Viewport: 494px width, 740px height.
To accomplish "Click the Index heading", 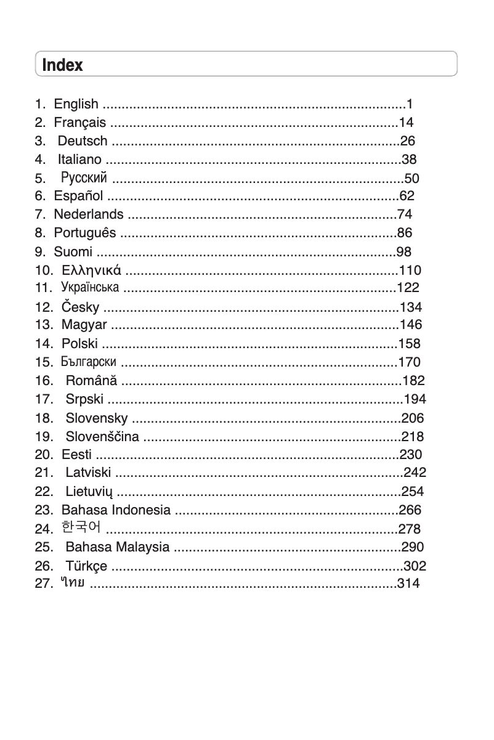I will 62,65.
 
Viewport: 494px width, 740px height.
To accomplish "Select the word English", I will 76,104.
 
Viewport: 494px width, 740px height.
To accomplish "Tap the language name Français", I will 79,123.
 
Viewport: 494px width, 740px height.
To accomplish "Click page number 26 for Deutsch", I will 408,141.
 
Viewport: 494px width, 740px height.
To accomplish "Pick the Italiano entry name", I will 79,160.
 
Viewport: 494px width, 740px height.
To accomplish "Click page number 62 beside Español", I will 407,197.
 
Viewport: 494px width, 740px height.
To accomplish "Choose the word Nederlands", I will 89,215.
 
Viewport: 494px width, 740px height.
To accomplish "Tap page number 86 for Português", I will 405,234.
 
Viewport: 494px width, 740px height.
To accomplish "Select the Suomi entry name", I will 73,251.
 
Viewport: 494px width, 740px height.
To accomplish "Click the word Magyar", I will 84,325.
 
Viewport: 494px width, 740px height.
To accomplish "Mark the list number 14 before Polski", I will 44,343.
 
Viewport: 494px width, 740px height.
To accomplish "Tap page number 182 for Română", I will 413,380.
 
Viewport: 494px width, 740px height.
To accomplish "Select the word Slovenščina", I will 102,437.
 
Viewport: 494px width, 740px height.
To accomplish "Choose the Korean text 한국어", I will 82,527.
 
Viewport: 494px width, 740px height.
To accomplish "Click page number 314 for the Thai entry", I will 409,583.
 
